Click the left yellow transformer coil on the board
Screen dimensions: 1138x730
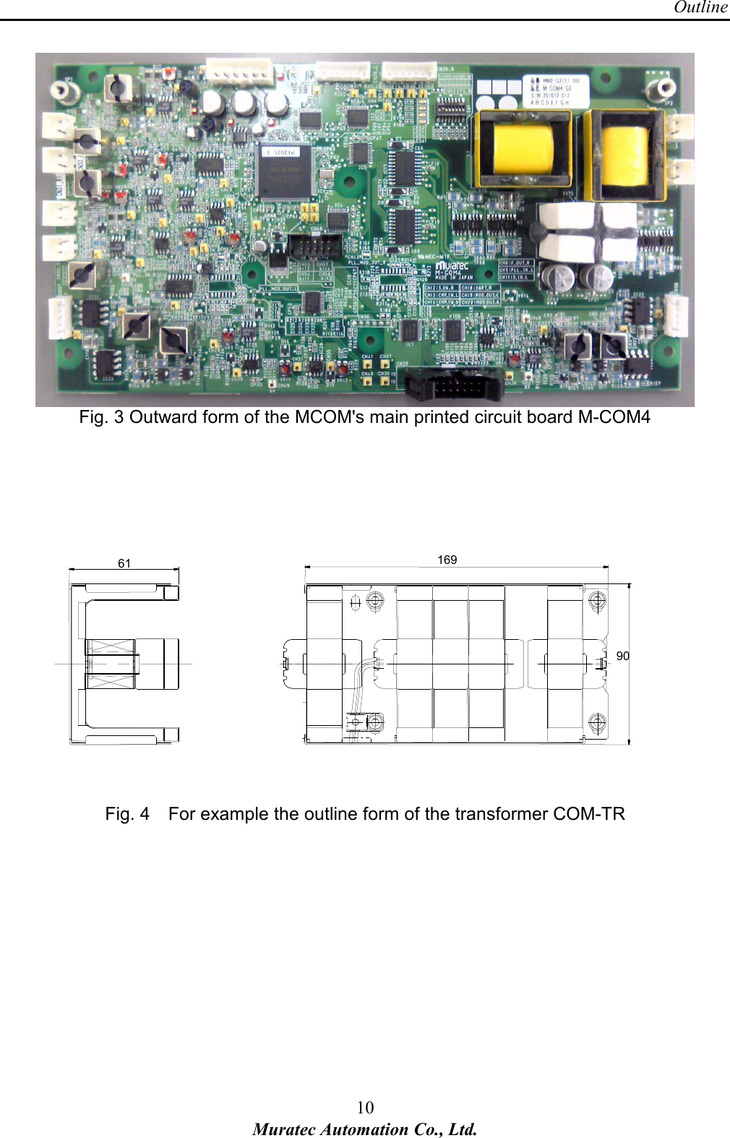(x=522, y=149)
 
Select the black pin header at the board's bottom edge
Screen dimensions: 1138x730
(x=453, y=384)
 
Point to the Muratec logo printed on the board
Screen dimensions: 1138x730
(x=452, y=267)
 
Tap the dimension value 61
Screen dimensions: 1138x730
(x=124, y=563)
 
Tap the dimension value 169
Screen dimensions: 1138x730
(x=447, y=560)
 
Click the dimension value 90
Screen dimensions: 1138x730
(x=622, y=656)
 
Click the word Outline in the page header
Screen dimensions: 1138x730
(x=700, y=8)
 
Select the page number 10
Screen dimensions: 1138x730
(x=365, y=1107)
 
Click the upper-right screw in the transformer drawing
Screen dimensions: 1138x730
(x=597, y=600)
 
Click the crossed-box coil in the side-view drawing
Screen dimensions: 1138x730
(x=111, y=664)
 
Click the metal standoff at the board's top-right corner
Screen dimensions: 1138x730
(x=661, y=88)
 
